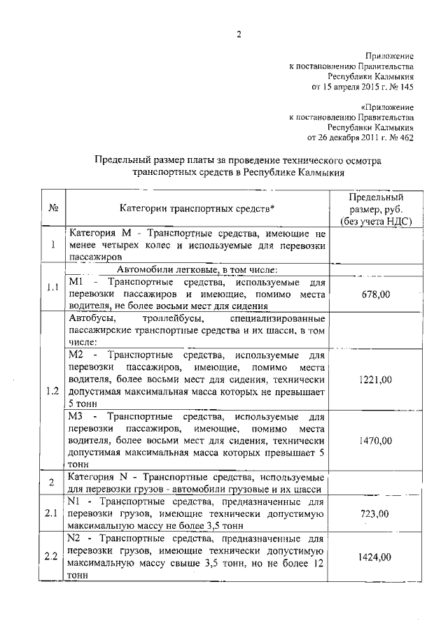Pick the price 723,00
pyautogui.click(x=375, y=514)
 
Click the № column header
pyautogui.click(x=52, y=208)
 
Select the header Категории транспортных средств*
pyautogui.click(x=197, y=208)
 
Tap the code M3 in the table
pyautogui.click(x=77, y=416)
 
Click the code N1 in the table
pyautogui.click(x=76, y=502)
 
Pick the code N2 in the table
pyautogui.click(x=76, y=539)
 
